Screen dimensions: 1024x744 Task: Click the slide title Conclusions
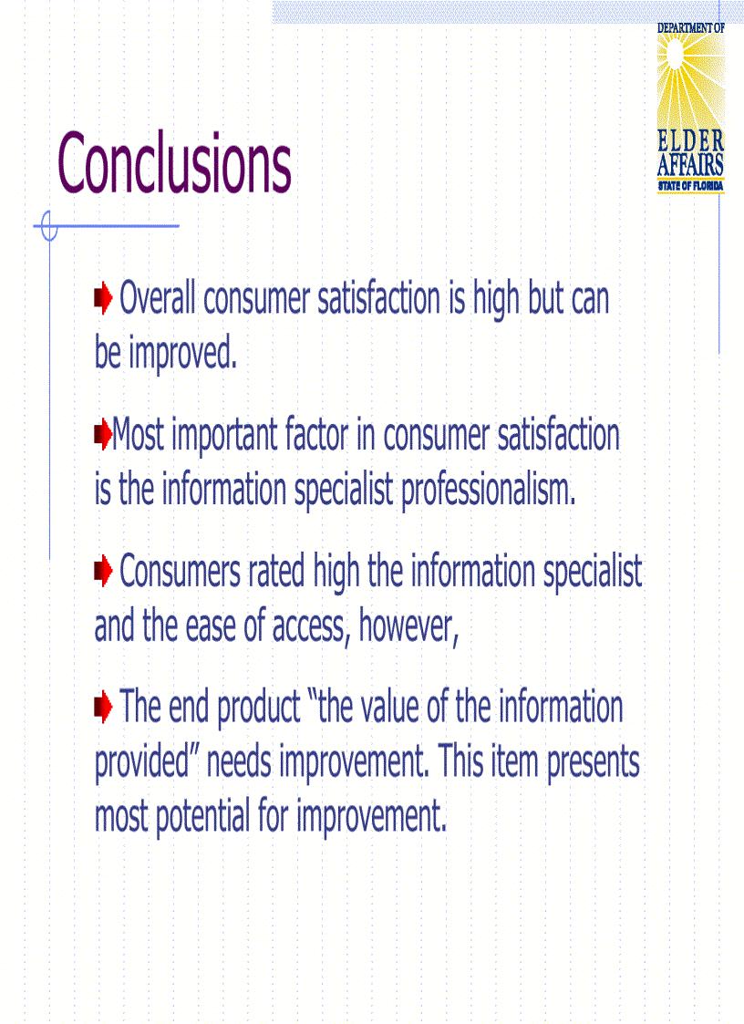click(x=174, y=163)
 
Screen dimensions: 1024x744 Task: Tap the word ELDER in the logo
click(x=690, y=141)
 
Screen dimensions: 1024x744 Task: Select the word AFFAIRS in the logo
click(x=690, y=165)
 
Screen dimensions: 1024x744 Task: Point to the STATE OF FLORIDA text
click(x=690, y=186)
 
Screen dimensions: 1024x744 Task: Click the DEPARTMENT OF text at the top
click(x=690, y=28)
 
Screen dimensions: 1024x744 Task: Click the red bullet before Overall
click(x=103, y=297)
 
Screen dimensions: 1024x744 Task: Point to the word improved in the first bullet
click(x=182, y=354)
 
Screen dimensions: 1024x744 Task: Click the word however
click(x=408, y=626)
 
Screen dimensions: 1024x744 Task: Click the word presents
click(x=594, y=762)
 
